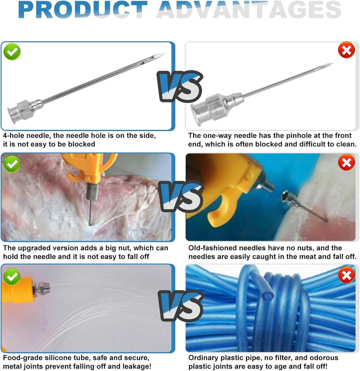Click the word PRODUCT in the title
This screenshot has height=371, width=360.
83,9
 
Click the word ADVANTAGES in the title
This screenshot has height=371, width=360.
249,9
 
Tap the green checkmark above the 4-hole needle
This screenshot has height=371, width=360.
12,51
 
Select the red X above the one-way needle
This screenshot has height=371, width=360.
346,50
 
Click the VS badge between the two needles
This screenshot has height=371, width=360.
180,86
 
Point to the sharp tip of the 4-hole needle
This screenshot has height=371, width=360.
164,53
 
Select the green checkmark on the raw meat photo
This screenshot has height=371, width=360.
12,164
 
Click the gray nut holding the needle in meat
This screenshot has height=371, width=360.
92,191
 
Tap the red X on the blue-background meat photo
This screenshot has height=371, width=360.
346,162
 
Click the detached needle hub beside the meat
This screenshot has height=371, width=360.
289,198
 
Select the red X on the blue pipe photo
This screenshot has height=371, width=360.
346,275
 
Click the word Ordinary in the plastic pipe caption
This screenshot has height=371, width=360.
204,358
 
